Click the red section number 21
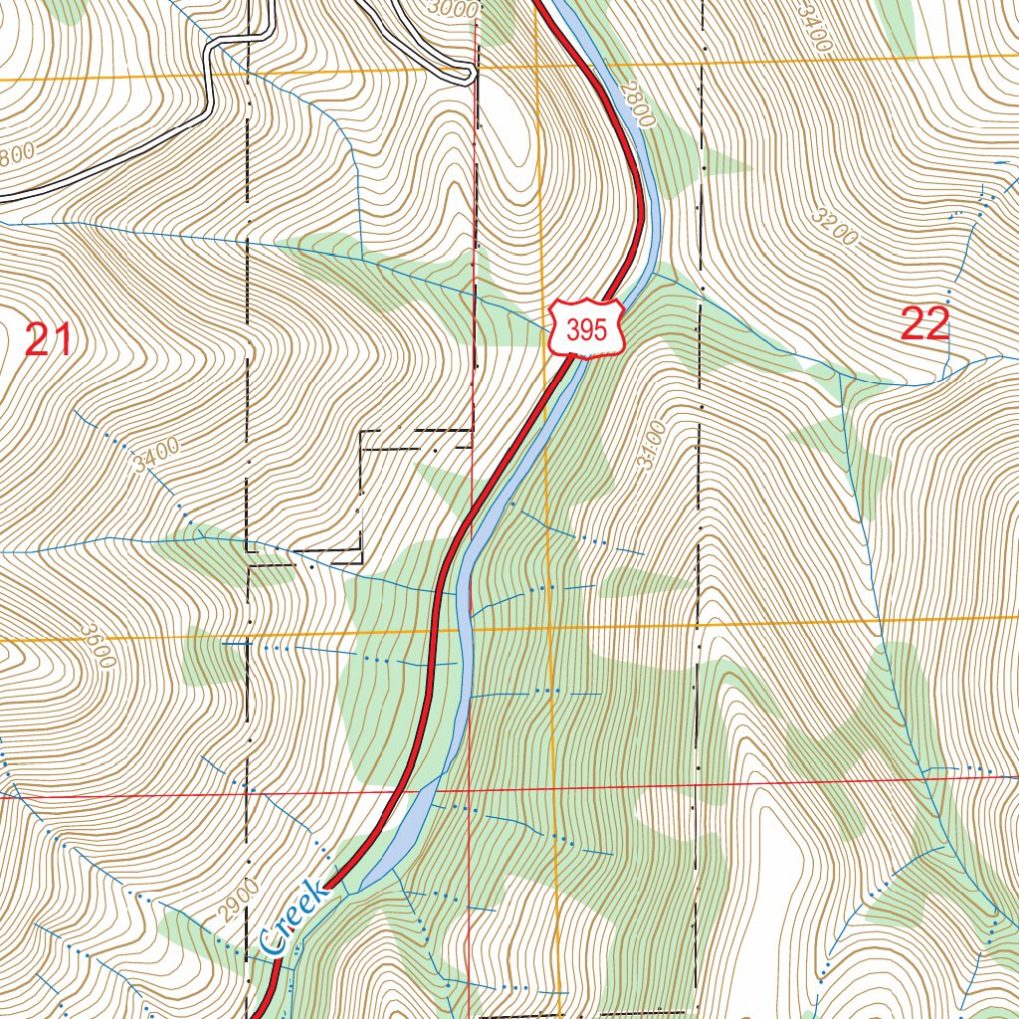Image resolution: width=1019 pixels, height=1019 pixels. point(48,340)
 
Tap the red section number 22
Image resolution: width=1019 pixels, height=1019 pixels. point(924,324)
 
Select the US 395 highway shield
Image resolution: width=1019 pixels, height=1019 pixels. point(586,328)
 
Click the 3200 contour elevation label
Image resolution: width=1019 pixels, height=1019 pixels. point(834,231)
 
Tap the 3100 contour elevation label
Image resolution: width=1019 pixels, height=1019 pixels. point(647,446)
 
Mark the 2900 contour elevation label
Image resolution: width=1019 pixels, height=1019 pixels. point(240,901)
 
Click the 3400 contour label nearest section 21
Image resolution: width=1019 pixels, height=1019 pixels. point(154,457)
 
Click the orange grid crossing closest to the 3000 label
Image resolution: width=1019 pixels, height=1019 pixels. point(536,68)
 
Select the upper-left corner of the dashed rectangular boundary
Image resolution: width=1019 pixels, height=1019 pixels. point(360,432)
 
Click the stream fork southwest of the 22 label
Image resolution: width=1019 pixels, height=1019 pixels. point(842,377)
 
